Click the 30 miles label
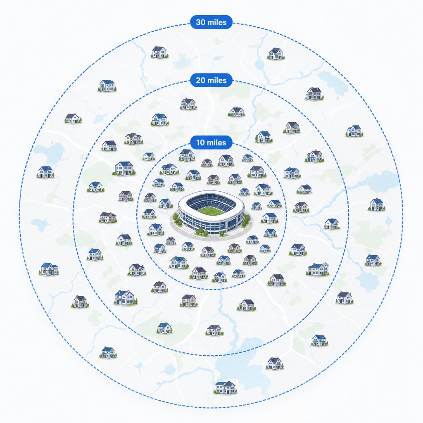coord(211,22)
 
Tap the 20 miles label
coord(211,80)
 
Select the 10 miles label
coord(211,142)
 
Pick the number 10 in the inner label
coord(201,142)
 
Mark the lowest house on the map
coord(226,387)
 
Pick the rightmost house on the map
coord(377,205)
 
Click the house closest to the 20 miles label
coord(188,104)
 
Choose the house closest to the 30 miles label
coord(159,52)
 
